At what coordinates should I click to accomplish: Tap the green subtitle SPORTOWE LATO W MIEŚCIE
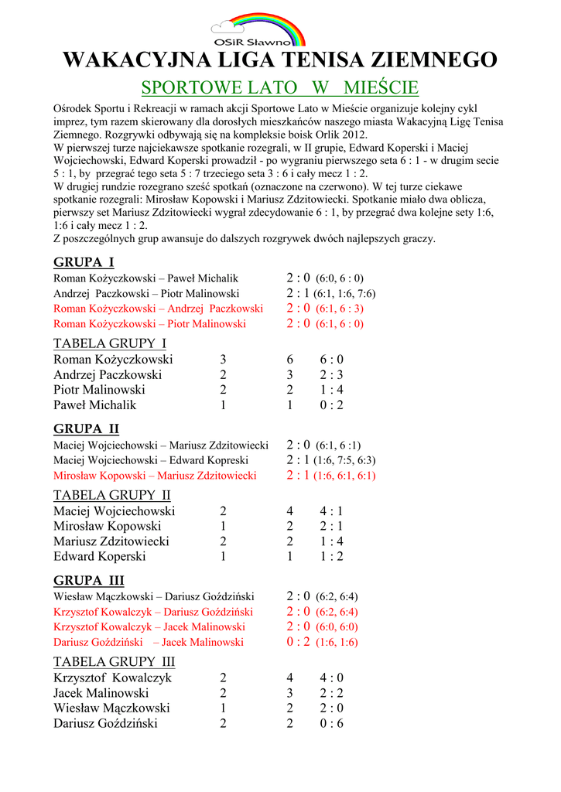tap(280, 87)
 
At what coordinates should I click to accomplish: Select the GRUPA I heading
tap(84, 261)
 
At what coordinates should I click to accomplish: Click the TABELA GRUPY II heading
tap(112, 495)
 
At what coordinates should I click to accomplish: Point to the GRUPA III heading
tap(89, 580)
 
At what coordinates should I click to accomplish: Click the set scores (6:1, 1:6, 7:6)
tap(345, 294)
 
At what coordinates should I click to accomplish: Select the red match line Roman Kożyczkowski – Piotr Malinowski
tap(150, 324)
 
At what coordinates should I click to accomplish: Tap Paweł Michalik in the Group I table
tap(94, 405)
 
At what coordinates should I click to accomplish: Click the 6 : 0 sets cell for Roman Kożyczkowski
tap(331, 360)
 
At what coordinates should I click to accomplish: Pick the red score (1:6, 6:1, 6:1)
tap(345, 476)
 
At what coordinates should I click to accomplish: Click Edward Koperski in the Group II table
tap(100, 556)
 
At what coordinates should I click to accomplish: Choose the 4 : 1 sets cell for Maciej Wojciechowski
tap(331, 511)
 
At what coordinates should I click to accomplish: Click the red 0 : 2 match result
tap(298, 642)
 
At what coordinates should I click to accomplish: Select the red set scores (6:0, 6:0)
tap(337, 626)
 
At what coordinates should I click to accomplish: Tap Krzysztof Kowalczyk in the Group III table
tap(112, 678)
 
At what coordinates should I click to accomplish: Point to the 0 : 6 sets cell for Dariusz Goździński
tap(331, 723)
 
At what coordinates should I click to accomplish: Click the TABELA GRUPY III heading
tap(115, 662)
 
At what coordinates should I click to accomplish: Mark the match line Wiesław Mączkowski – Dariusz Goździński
tap(154, 596)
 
